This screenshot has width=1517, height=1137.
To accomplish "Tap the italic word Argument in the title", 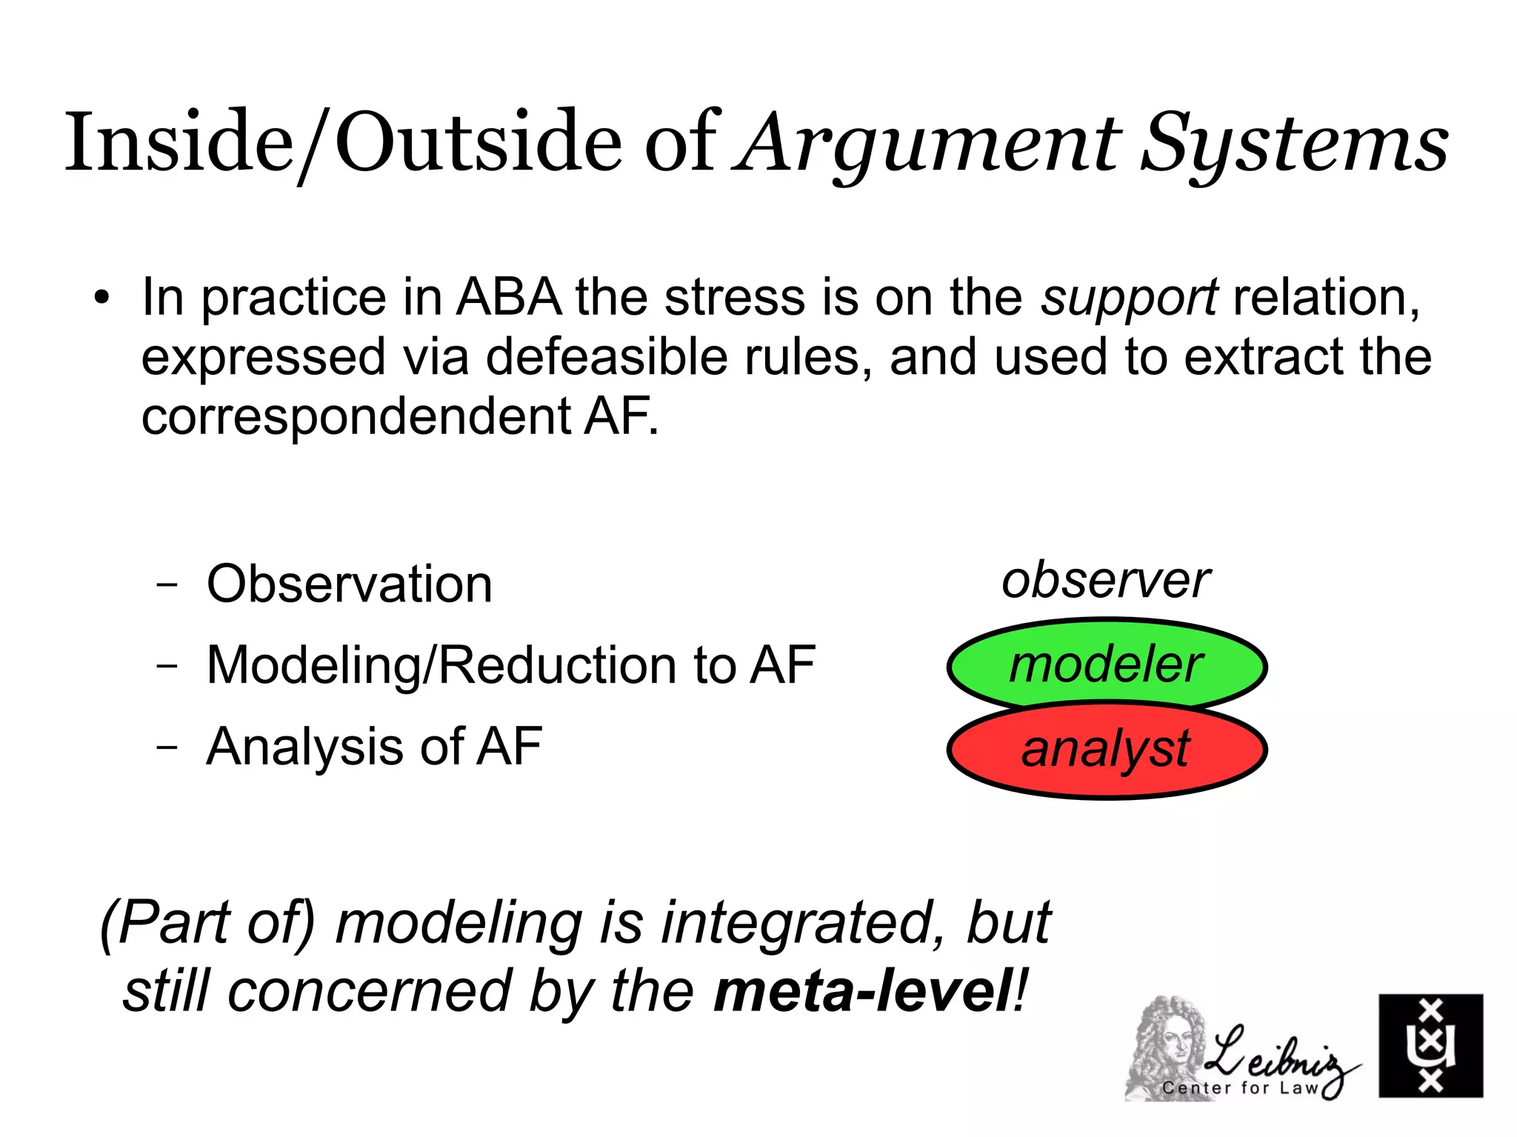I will click(x=926, y=144).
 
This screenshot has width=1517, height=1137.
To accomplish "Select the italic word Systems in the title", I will click(x=1293, y=144).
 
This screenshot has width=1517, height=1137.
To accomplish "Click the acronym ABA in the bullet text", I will click(x=508, y=298).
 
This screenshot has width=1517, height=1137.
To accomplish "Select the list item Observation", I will click(x=349, y=584).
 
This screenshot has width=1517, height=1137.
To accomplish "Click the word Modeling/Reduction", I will click(x=440, y=665).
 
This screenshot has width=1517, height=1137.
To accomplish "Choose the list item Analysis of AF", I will click(x=374, y=747).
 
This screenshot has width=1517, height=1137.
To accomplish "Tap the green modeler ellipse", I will click(x=1107, y=664).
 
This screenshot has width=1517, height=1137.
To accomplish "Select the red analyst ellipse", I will click(x=1107, y=750).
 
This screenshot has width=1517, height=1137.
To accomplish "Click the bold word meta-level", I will click(x=862, y=991).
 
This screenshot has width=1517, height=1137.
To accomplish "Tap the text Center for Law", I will click(x=1241, y=1087).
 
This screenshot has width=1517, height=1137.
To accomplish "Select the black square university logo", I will click(x=1430, y=1045).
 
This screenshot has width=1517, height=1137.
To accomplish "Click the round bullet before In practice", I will click(x=102, y=299).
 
